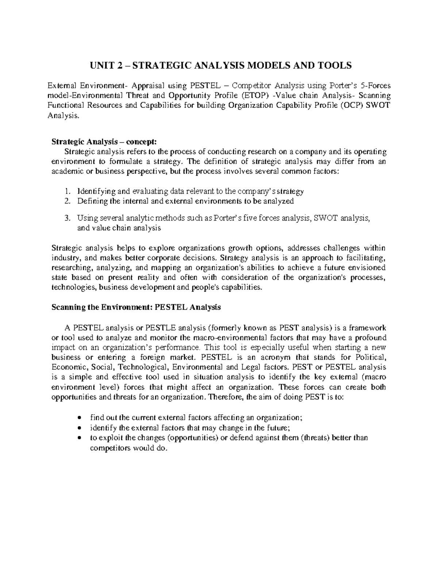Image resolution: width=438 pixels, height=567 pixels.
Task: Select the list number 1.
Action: (x=66, y=191)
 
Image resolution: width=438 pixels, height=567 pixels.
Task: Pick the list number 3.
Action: (x=66, y=218)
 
